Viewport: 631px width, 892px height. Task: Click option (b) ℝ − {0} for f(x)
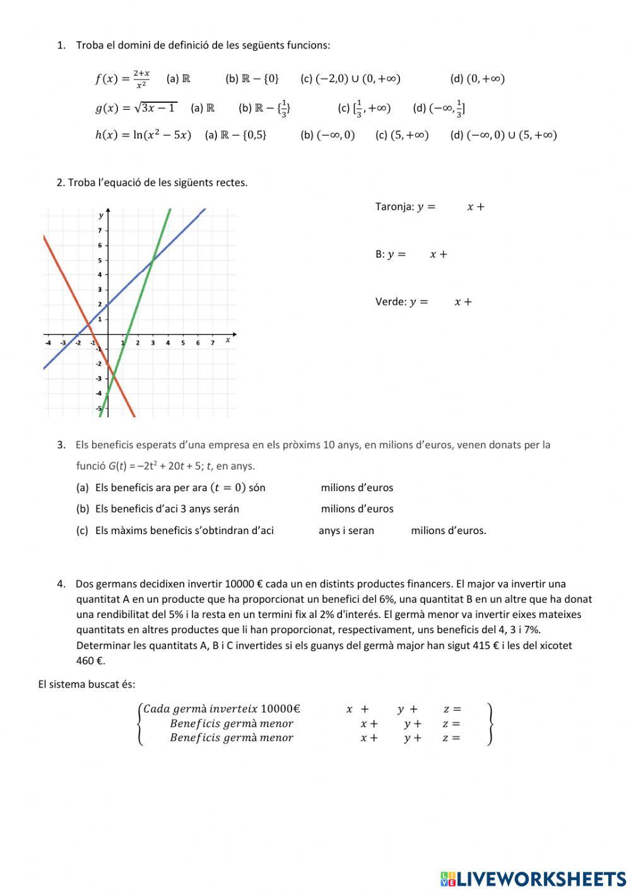click(x=252, y=79)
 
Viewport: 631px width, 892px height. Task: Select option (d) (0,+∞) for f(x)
click(x=477, y=79)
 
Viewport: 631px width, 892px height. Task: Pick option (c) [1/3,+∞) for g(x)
click(x=364, y=108)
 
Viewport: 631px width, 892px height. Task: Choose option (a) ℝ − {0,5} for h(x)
click(x=236, y=135)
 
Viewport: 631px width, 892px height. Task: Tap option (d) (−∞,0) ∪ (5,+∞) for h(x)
click(x=504, y=135)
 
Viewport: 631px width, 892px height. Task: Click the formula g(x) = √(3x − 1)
click(x=136, y=108)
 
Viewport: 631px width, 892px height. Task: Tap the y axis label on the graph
click(x=101, y=216)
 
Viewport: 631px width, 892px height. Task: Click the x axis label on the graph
click(x=228, y=340)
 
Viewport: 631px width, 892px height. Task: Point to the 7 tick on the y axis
click(x=99, y=231)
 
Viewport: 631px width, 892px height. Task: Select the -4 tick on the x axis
click(x=48, y=343)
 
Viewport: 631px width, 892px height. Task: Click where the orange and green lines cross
click(x=114, y=378)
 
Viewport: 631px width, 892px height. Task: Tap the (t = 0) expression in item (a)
click(x=228, y=487)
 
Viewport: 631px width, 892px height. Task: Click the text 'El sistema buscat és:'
click(x=86, y=684)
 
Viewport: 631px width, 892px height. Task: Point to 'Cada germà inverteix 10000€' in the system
click(x=221, y=709)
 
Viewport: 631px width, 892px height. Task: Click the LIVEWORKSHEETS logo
click(x=533, y=878)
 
